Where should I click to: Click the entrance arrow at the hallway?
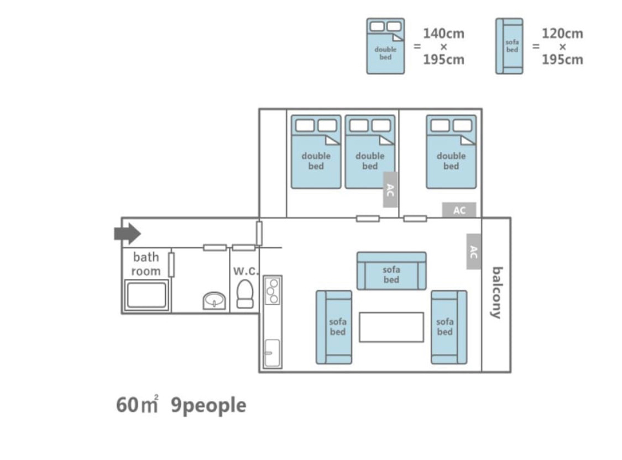(127, 233)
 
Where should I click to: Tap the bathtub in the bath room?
(146, 295)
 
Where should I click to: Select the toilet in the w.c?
(244, 293)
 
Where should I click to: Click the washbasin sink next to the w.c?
(214, 300)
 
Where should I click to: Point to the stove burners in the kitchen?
(273, 291)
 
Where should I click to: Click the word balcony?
(496, 293)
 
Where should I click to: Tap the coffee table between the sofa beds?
(391, 327)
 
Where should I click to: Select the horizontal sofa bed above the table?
(391, 271)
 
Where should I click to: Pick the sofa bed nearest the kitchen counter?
(334, 327)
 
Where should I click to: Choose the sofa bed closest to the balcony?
(448, 327)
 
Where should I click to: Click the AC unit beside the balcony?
(473, 252)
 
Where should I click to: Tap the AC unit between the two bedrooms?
(390, 189)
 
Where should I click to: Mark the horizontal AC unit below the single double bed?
(459, 210)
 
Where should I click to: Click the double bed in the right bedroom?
(451, 152)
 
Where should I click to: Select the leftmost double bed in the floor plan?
(316, 152)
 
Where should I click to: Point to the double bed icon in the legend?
(385, 46)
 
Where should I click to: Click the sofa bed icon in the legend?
(509, 46)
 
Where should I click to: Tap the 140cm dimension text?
(443, 34)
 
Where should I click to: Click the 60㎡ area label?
(137, 405)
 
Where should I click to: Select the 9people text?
(208, 405)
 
